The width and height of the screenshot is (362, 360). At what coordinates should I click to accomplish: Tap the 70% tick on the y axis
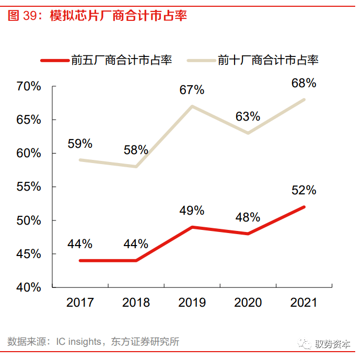28,86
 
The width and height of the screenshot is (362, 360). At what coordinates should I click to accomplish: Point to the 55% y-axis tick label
28,187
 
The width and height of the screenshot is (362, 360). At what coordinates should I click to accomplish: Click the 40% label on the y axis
28,287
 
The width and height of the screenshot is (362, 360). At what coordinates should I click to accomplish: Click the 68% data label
303,83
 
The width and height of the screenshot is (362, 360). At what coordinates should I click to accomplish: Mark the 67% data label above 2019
192,90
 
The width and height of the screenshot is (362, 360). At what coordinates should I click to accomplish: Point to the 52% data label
303,190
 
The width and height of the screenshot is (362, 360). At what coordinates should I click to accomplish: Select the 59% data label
80,144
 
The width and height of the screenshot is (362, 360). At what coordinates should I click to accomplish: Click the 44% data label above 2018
136,244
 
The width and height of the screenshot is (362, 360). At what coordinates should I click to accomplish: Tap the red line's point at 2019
192,227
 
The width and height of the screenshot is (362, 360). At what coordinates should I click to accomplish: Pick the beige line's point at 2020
248,133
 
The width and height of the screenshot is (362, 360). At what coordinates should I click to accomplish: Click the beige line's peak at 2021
304,99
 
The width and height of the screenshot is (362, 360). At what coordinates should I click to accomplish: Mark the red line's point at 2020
248,234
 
